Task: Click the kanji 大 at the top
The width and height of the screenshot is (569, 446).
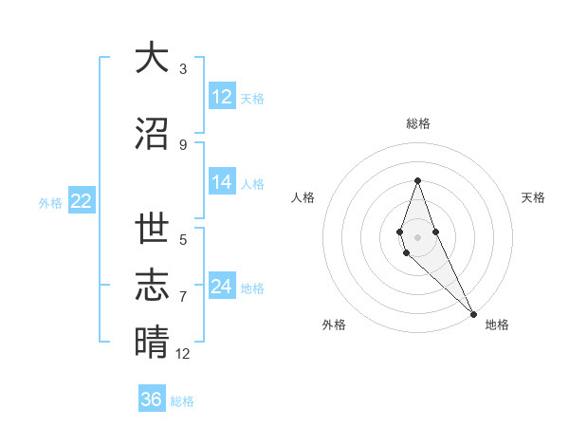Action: point(152,59)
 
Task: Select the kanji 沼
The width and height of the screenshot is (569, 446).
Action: point(152,133)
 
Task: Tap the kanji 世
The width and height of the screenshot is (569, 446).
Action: point(152,229)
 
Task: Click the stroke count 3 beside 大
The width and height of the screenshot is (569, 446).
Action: point(183,69)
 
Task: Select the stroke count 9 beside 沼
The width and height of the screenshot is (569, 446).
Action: point(183,144)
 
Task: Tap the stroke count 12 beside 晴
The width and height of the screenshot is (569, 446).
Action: point(183,354)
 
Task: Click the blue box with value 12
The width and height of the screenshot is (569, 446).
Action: point(222,96)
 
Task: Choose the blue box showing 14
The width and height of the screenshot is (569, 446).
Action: point(222,182)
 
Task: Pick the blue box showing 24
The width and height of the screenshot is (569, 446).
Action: point(222,287)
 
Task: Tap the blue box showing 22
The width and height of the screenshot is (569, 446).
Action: point(81,201)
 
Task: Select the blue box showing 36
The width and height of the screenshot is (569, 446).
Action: point(151,400)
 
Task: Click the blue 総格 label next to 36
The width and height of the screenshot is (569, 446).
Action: point(182,401)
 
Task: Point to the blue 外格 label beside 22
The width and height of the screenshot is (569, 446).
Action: point(50,202)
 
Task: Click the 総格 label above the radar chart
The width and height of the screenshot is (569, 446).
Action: point(417,123)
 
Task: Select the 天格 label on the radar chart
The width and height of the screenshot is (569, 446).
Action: point(533,197)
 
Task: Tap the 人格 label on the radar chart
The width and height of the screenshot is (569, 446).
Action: point(303,197)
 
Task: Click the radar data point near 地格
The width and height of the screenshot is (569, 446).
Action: point(473,313)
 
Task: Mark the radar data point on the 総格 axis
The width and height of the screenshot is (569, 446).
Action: point(417,180)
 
